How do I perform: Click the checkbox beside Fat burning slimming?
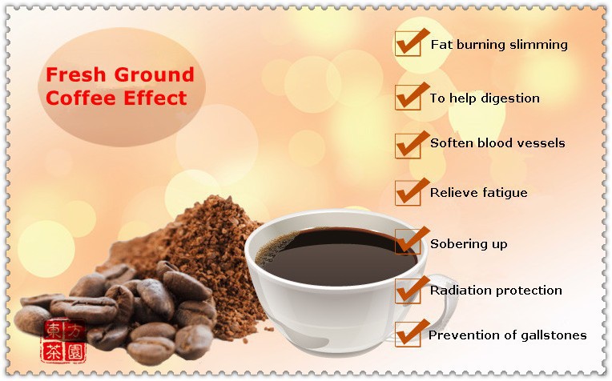[x=408, y=44]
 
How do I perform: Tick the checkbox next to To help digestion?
[x=408, y=98]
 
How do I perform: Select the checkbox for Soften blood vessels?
[x=408, y=146]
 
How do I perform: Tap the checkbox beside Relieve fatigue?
[x=408, y=193]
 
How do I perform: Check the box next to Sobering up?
[x=408, y=242]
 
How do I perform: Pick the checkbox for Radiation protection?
[x=408, y=291]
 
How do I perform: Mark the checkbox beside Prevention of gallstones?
[x=408, y=335]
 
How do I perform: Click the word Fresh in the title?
[x=76, y=74]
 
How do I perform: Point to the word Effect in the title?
[x=155, y=98]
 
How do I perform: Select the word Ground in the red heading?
[x=154, y=74]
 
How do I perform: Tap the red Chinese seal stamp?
[x=63, y=340]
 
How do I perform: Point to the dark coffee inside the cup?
[x=336, y=259]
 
